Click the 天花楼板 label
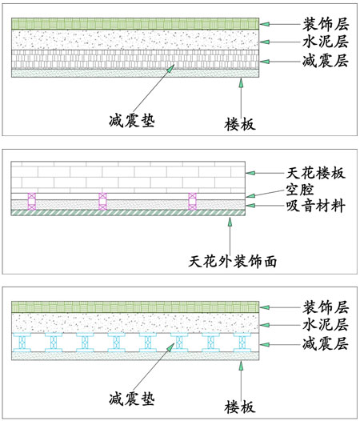pos(316,173)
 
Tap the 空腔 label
pos(300,190)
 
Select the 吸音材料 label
pos(316,206)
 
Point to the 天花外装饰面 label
pos(233,261)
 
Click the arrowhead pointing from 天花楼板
pos(250,173)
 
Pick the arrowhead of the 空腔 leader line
pos(250,195)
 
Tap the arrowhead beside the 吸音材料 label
pos(250,206)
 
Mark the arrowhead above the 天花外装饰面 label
pos(230,221)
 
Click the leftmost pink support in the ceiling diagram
pos(32,202)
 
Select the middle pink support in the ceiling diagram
pos(103,202)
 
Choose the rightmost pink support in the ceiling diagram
pos(192,202)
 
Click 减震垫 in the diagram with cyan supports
pos(132,399)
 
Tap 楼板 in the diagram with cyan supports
pos(240,407)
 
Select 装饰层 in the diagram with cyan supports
pos(326,307)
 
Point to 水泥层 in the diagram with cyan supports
pos(326,325)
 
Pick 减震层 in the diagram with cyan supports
pos(326,344)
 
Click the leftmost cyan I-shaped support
pos(22,343)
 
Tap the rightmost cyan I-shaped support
pos(242,343)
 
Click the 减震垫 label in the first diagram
pos(132,120)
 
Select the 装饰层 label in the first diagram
pos(326,24)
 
